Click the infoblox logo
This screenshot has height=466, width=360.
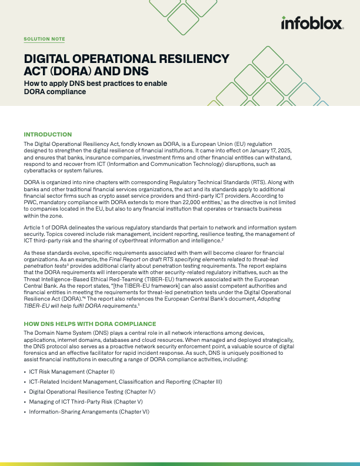(312, 24)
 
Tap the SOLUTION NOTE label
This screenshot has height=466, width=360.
(44, 39)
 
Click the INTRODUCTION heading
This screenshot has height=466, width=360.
(48, 135)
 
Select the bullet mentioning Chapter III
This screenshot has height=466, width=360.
(125, 382)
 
